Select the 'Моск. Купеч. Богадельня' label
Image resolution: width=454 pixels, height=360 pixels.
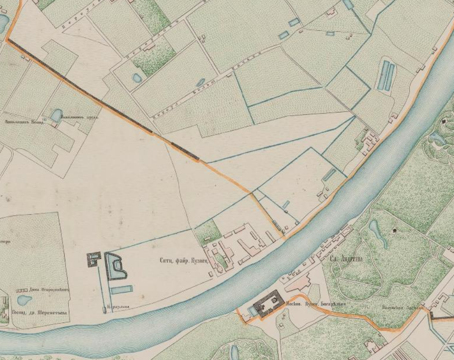click(315, 304)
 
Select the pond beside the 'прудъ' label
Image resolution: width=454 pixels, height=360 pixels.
click(56, 115)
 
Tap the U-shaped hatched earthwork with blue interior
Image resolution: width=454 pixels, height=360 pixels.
click(115, 266)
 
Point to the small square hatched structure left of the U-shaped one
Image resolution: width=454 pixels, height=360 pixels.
click(94, 259)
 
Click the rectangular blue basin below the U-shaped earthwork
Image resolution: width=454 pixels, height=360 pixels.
click(121, 290)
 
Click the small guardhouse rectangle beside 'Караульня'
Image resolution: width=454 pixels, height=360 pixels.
click(104, 308)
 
